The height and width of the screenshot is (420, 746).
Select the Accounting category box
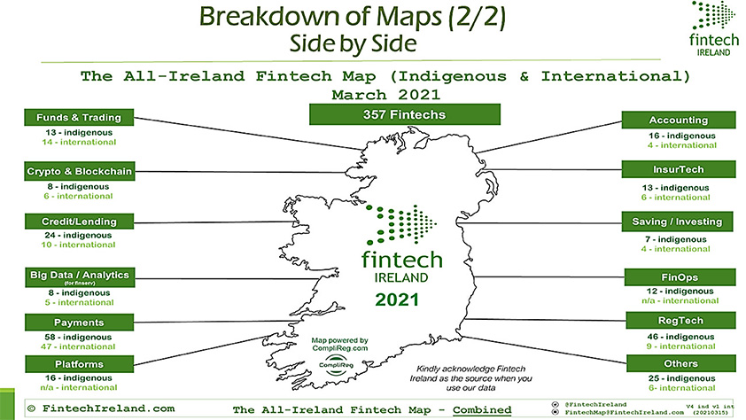(679, 120)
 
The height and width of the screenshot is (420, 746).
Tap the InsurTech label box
(679, 169)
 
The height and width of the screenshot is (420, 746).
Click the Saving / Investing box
(679, 222)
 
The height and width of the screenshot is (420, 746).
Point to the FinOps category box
(679, 277)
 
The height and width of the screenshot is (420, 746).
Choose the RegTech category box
(679, 320)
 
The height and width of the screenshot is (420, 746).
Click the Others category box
(679, 362)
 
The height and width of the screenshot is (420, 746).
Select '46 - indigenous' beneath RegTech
(679, 338)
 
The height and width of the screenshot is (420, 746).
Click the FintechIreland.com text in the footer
(100, 408)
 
